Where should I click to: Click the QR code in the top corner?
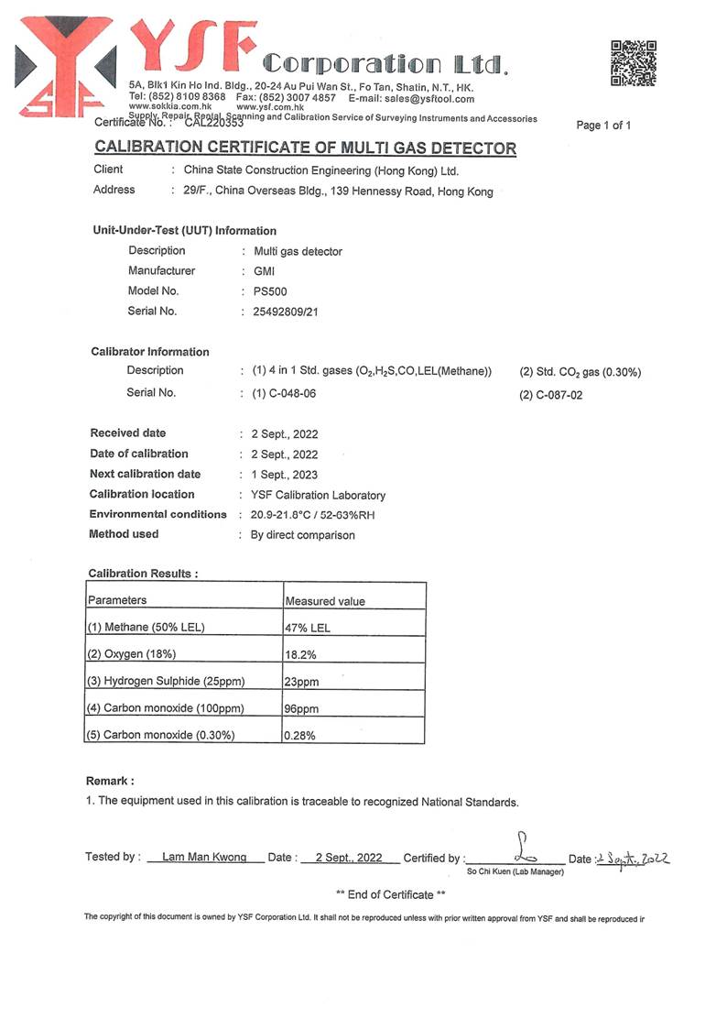(x=634, y=63)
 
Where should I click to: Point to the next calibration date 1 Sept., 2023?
(x=285, y=475)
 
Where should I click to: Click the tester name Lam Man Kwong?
(x=204, y=858)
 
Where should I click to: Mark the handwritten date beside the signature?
(x=633, y=859)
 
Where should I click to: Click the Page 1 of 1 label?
(x=603, y=126)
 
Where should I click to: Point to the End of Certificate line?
(x=391, y=894)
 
